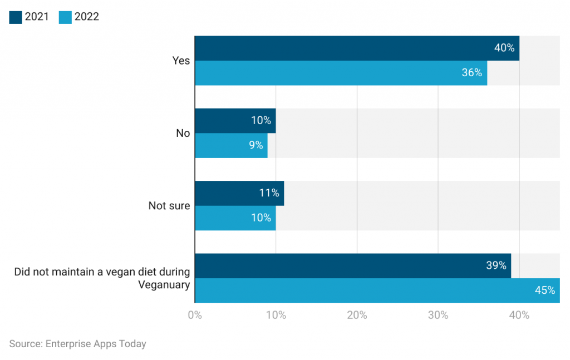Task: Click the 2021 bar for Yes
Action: click(357, 48)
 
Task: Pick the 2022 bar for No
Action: click(231, 145)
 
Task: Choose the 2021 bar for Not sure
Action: click(239, 193)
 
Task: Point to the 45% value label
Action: click(544, 290)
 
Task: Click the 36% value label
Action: click(471, 73)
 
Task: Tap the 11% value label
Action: click(268, 193)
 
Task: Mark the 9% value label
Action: click(256, 145)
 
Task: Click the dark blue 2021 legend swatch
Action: click(16, 17)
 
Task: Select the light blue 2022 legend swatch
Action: click(65, 17)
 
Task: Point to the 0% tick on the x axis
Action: click(195, 315)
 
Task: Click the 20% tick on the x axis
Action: click(357, 315)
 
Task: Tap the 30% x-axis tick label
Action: click(438, 315)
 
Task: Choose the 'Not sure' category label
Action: click(169, 206)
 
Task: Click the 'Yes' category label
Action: click(181, 61)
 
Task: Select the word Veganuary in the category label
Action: click(164, 285)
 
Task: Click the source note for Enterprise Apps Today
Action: click(78, 344)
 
